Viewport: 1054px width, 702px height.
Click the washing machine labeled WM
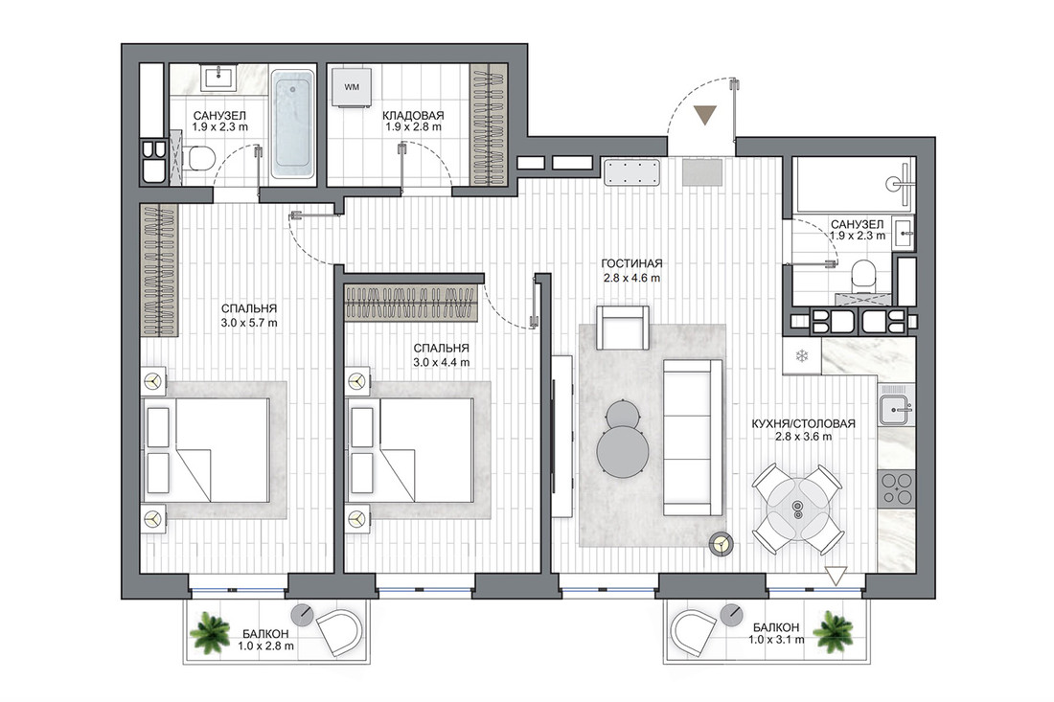(352, 86)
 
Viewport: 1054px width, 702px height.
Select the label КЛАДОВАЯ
(413, 116)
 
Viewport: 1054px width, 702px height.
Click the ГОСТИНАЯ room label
(631, 264)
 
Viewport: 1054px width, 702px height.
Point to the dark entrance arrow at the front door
(704, 115)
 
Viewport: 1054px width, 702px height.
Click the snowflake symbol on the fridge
(802, 356)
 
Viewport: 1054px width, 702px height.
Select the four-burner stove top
(897, 488)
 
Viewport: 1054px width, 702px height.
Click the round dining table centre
(797, 509)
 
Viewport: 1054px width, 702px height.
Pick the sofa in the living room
(693, 438)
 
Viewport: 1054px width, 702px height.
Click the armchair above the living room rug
(623, 328)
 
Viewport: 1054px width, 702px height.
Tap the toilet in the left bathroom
(200, 159)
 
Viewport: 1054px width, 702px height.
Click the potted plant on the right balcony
(833, 631)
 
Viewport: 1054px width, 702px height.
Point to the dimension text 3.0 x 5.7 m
(249, 323)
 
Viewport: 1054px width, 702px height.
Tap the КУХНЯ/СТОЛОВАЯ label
(803, 424)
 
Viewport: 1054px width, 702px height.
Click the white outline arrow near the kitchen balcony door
(836, 576)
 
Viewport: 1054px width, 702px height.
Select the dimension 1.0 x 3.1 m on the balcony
(776, 640)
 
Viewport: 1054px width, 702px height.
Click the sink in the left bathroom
(218, 78)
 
